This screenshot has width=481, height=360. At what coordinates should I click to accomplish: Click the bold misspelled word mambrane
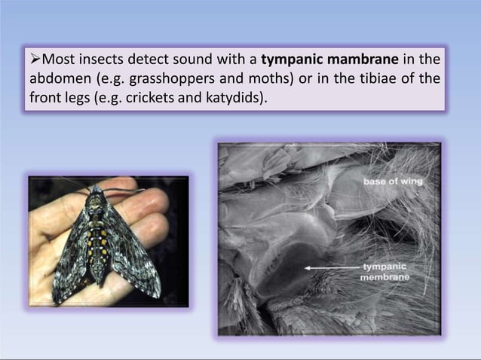click(353, 60)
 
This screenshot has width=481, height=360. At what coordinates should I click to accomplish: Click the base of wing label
click(392, 181)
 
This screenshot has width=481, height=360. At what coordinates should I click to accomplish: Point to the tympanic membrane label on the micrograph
click(386, 272)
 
